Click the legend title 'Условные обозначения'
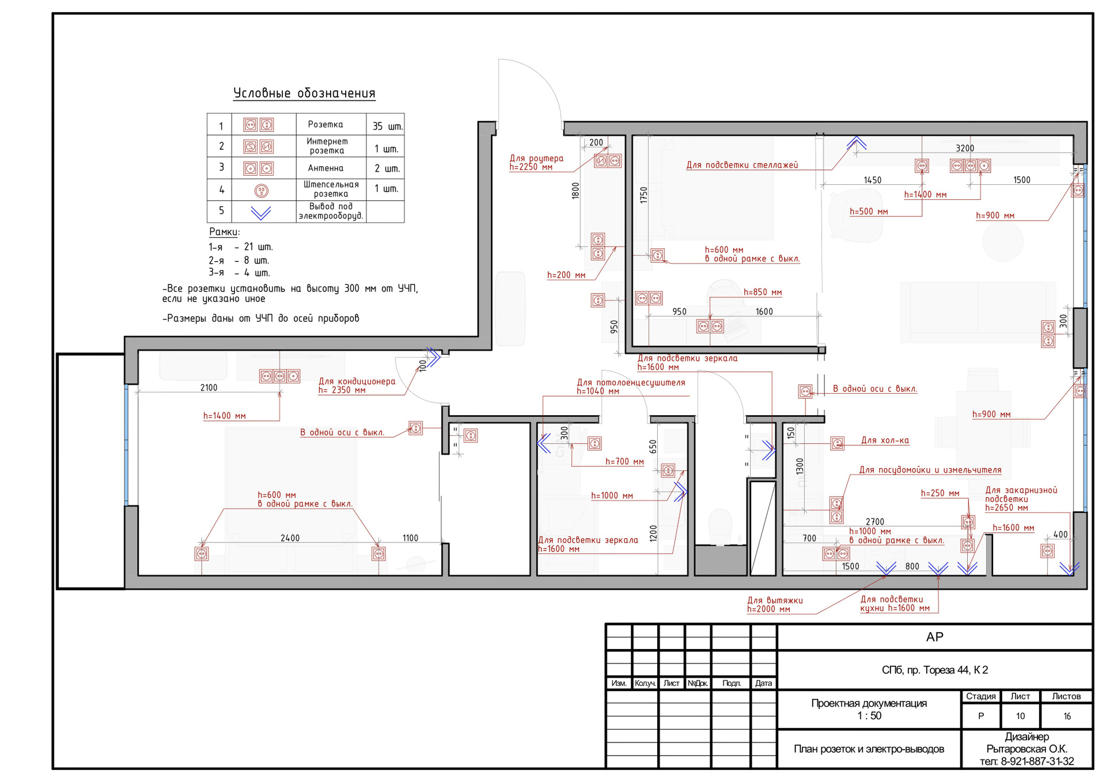pyautogui.click(x=304, y=93)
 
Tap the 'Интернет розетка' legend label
pyautogui.click(x=327, y=146)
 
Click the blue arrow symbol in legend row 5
pyautogui.click(x=261, y=213)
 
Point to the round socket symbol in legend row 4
pyautogui.click(x=261, y=191)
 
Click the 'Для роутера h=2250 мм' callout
pyautogui.click(x=536, y=162)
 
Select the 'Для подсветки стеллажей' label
pyautogui.click(x=742, y=165)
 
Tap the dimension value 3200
pyautogui.click(x=965, y=148)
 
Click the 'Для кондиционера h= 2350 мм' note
pyautogui.click(x=357, y=385)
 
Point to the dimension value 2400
pyautogui.click(x=290, y=538)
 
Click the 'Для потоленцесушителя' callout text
pyautogui.click(x=631, y=382)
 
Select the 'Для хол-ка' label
pyautogui.click(x=885, y=441)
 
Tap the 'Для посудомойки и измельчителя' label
pyautogui.click(x=930, y=470)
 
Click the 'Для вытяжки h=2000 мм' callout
pyautogui.click(x=775, y=605)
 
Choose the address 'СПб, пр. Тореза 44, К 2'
pyautogui.click(x=935, y=670)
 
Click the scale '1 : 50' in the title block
pyautogui.click(x=869, y=716)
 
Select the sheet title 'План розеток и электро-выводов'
pyautogui.click(x=869, y=749)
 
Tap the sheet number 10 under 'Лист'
pyautogui.click(x=1020, y=716)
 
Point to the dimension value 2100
pyautogui.click(x=209, y=388)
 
